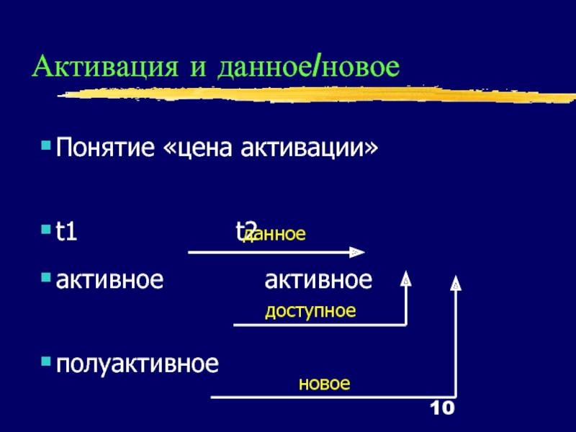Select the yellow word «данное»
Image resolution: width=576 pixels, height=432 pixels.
pos(276,234)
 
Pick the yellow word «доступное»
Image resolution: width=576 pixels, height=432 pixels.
pos(310,311)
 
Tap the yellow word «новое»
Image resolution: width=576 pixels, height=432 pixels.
pos(324,384)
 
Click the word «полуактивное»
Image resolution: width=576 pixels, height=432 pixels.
pos(136,364)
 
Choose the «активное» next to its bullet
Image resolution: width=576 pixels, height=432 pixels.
pos(109,279)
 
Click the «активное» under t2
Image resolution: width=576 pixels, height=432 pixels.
pos(318,279)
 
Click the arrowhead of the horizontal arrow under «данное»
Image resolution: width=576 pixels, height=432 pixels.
pos(357,253)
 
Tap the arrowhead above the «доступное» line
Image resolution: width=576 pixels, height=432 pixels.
pos(406,279)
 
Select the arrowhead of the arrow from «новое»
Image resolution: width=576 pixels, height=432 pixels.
pos(455,284)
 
